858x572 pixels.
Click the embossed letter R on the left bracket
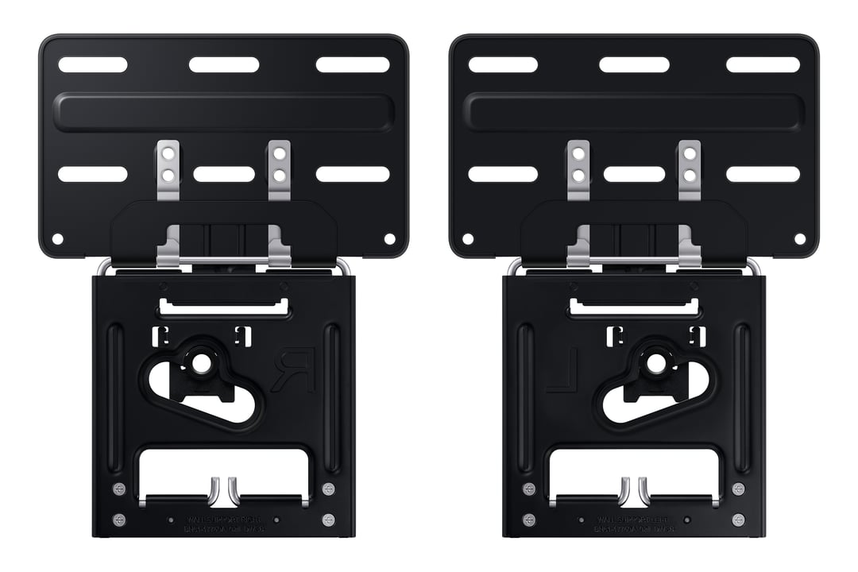point(293,369)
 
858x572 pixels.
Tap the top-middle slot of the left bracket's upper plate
point(224,65)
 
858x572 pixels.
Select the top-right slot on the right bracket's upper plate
point(763,65)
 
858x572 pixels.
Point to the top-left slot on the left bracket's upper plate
point(93,65)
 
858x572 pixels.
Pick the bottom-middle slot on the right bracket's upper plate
point(634,174)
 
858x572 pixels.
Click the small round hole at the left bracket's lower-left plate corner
point(57,238)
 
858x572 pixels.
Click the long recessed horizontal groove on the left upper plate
point(223,112)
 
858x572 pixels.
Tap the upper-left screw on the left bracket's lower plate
point(119,488)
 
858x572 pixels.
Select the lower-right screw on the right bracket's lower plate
point(739,520)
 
